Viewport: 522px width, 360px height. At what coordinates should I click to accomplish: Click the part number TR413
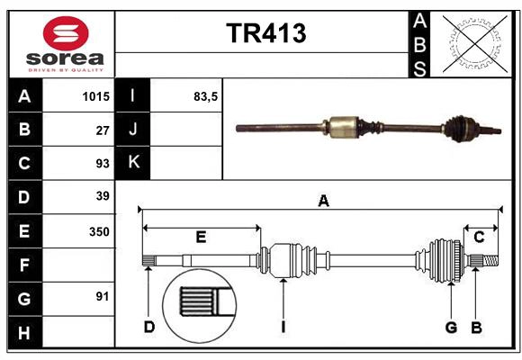(x=265, y=34)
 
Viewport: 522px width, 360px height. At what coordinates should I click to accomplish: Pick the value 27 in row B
(x=102, y=130)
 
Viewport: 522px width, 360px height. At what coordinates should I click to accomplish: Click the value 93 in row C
(x=102, y=163)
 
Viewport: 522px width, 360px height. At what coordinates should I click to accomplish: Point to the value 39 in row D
(x=102, y=196)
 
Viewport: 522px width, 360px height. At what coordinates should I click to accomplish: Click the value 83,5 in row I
(x=205, y=95)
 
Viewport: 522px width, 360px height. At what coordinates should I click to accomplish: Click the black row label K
(x=133, y=163)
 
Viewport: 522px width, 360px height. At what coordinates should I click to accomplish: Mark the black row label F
(x=24, y=265)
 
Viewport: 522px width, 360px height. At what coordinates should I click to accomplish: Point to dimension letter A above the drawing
(x=323, y=202)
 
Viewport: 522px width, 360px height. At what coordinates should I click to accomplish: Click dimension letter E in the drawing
(x=201, y=237)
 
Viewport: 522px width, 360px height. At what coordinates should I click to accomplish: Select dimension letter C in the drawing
(x=479, y=237)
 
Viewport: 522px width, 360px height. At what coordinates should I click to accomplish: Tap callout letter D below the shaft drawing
(x=149, y=327)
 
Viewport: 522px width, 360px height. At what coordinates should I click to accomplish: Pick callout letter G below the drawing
(x=451, y=327)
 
